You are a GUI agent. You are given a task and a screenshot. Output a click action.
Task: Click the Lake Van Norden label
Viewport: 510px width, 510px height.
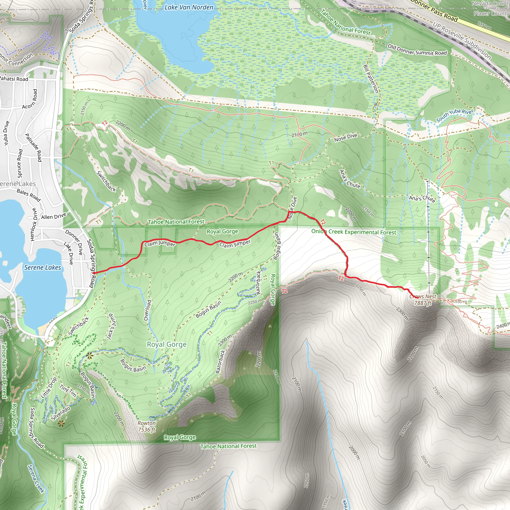[189, 7]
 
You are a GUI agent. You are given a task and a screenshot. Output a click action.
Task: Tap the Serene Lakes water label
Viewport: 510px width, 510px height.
[43, 267]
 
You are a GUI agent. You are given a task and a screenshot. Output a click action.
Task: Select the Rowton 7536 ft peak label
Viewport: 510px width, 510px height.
[146, 426]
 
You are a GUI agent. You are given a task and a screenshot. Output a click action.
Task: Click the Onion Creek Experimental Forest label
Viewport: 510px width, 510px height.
[353, 232]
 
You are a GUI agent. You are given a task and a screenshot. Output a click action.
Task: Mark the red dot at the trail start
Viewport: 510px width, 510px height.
[94, 273]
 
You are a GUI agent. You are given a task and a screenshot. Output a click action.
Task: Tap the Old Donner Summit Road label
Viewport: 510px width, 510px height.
[417, 50]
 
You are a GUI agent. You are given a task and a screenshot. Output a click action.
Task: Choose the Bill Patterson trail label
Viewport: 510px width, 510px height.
[371, 79]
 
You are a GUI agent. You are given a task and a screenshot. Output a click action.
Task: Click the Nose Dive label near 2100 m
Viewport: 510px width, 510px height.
[345, 137]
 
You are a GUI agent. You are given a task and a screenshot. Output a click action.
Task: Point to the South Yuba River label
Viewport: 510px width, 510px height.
[454, 115]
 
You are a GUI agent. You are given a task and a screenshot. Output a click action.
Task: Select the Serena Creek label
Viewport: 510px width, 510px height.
[36, 478]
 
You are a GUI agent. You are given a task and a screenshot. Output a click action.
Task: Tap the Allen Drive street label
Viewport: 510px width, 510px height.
[54, 216]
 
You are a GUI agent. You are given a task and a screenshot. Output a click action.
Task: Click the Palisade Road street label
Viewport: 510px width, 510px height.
[33, 147]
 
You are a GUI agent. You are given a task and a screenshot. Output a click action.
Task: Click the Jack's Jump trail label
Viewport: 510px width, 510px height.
[111, 326]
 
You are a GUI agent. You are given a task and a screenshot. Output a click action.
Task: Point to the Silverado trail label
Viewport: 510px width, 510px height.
[61, 413]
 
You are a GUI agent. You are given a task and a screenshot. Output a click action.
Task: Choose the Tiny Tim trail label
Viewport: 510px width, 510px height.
[68, 391]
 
